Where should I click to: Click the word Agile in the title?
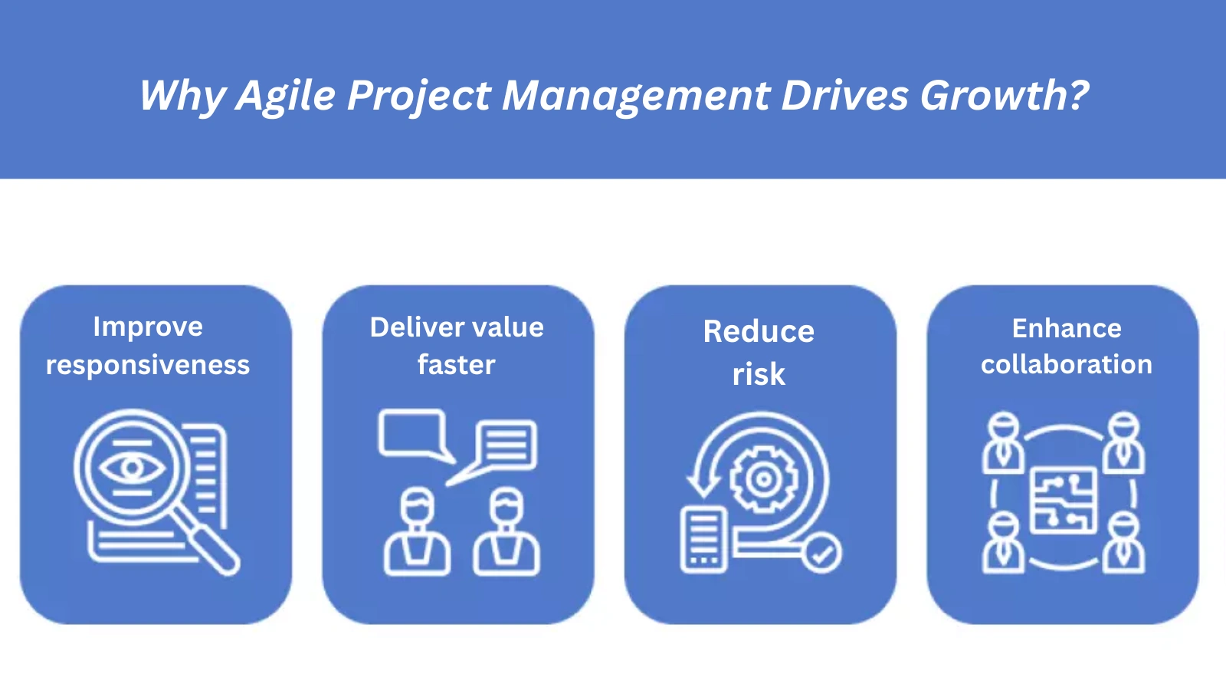coord(286,96)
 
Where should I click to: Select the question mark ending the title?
coord(1078,95)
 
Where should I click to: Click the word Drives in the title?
coord(844,96)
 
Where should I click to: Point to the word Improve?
coord(148,327)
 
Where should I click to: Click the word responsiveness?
coord(148,365)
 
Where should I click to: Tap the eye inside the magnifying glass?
coord(132,466)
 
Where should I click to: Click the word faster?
coord(457,365)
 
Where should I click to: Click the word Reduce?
coord(759,332)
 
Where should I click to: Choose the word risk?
coord(759,375)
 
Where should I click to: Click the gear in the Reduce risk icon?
coord(762,480)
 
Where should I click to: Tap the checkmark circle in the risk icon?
coord(822,553)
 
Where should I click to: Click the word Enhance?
coord(1067,328)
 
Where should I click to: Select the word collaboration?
coord(1067,365)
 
